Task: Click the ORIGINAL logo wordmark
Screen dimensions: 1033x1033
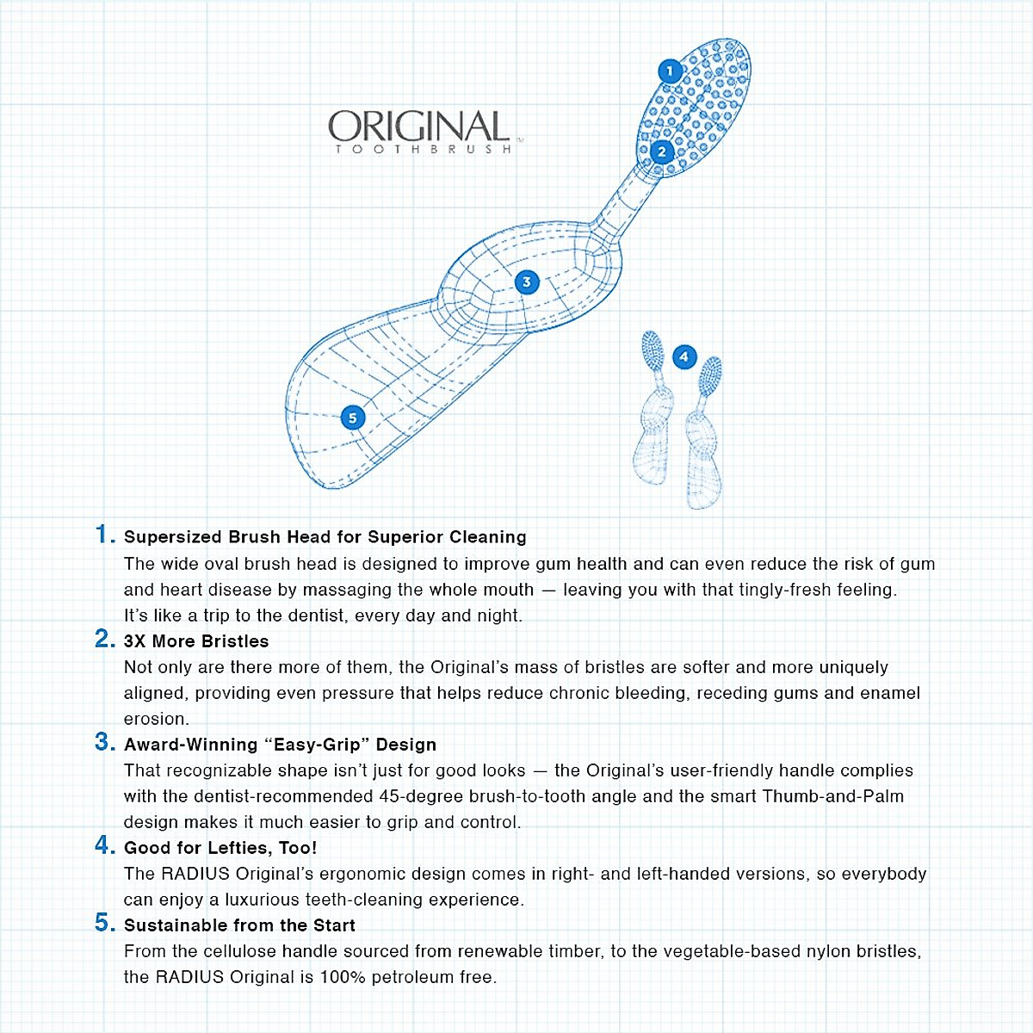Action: pyautogui.click(x=418, y=127)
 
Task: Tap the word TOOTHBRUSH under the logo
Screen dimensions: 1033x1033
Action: pyautogui.click(x=424, y=150)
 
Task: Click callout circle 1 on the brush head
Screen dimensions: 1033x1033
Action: pyautogui.click(x=670, y=71)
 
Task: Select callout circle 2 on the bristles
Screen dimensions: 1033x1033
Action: pyautogui.click(x=661, y=152)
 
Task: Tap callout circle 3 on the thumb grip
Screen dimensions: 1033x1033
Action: pyautogui.click(x=527, y=281)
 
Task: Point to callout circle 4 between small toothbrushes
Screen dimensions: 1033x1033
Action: pyautogui.click(x=684, y=356)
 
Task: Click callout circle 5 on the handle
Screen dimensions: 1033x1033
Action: pyautogui.click(x=352, y=418)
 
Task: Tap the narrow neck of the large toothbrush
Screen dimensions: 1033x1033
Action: pyautogui.click(x=622, y=202)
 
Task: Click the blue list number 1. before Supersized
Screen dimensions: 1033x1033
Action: pyautogui.click(x=105, y=535)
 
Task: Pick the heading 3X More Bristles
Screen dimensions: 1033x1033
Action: pyautogui.click(x=196, y=641)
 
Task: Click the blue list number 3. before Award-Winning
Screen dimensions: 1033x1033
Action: pyautogui.click(x=105, y=742)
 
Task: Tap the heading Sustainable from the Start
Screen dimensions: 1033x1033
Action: pyautogui.click(x=239, y=925)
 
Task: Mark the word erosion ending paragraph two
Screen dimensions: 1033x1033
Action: pyautogui.click(x=155, y=719)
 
